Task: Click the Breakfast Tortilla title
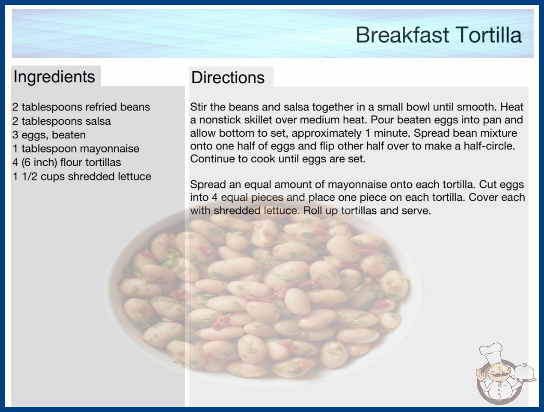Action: point(438,35)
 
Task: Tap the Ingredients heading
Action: point(54,77)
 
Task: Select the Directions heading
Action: point(228,78)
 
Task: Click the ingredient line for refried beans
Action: point(81,107)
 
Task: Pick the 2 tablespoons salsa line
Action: point(62,121)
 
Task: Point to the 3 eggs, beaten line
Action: point(49,135)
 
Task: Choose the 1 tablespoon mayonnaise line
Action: point(76,149)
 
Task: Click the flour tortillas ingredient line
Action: point(67,162)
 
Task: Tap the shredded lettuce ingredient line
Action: point(82,176)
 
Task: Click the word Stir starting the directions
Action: point(198,107)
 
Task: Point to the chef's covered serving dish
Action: point(524,373)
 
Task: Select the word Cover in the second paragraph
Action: point(484,197)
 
